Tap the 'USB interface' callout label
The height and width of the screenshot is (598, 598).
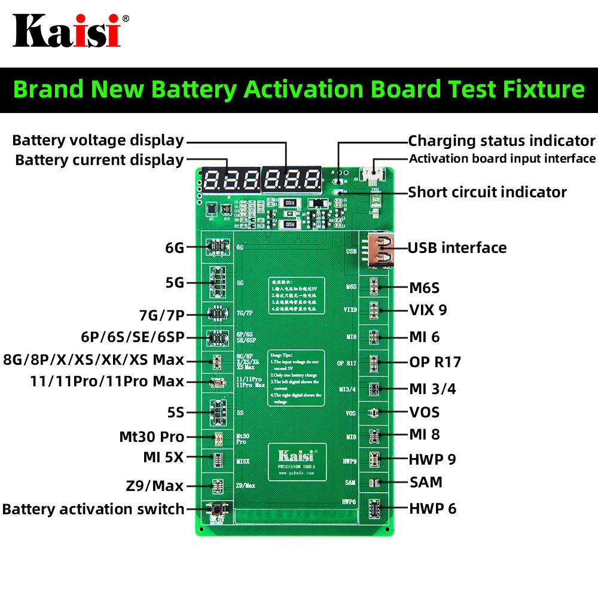tap(457, 248)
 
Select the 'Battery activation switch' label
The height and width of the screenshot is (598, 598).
tap(93, 509)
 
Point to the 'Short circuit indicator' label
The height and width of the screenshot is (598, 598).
tap(487, 192)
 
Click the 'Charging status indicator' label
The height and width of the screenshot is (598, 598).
tap(502, 141)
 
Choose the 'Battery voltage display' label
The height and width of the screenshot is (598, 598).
tap(98, 141)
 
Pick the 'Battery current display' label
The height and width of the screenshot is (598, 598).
tap(99, 160)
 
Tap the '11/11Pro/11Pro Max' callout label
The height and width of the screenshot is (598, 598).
tap(107, 382)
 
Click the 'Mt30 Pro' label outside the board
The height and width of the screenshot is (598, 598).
tap(152, 437)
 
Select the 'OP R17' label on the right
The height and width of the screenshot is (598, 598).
tap(435, 362)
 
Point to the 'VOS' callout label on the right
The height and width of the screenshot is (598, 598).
tap(424, 412)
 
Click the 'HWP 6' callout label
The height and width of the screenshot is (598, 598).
tap(432, 508)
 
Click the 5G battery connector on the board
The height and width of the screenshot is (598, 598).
tap(218, 283)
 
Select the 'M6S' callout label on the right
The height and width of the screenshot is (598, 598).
tap(424, 288)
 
